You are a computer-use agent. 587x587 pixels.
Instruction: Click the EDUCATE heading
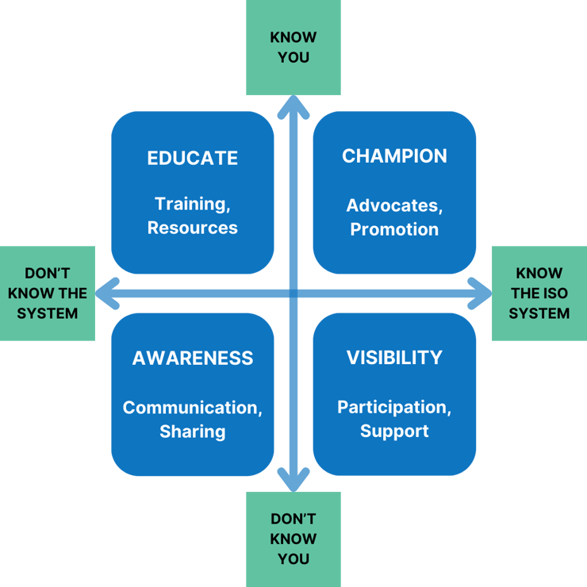tap(192, 158)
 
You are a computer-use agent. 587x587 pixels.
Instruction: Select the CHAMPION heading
tap(394, 156)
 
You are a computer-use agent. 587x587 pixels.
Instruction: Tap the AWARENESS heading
tap(192, 358)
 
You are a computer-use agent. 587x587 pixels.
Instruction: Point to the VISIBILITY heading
tap(394, 358)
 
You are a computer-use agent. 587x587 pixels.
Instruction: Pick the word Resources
tap(192, 228)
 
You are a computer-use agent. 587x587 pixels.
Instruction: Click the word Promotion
tap(394, 229)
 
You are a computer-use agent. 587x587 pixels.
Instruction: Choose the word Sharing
tap(192, 432)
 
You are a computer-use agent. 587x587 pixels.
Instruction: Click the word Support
tap(394, 431)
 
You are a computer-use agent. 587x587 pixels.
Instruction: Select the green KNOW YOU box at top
tap(293, 48)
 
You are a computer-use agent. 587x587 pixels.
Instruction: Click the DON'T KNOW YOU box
tap(293, 539)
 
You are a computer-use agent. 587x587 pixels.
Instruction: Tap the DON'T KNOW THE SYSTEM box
tap(48, 293)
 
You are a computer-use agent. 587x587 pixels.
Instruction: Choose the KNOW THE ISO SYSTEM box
tap(539, 293)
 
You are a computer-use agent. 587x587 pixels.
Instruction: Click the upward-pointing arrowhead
tap(293, 104)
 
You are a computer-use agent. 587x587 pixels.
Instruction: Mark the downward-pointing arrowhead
tap(293, 482)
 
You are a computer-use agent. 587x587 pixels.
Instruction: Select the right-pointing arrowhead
tap(482, 293)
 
